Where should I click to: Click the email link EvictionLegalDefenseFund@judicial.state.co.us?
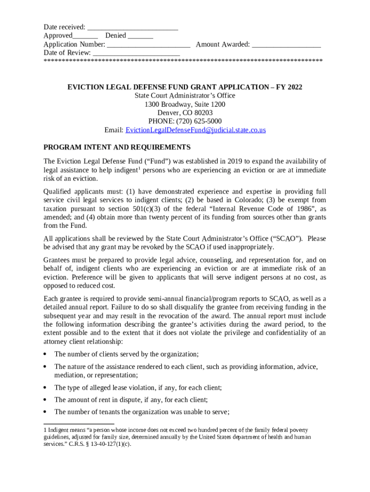196,130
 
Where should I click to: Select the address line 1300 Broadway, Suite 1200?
185,104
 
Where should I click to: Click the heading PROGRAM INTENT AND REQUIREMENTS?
117,147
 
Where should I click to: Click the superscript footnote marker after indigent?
139,169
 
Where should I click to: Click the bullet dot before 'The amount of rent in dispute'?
45,400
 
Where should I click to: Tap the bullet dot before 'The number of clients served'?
45,354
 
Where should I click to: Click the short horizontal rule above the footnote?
79,424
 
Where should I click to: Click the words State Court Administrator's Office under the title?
185,96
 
